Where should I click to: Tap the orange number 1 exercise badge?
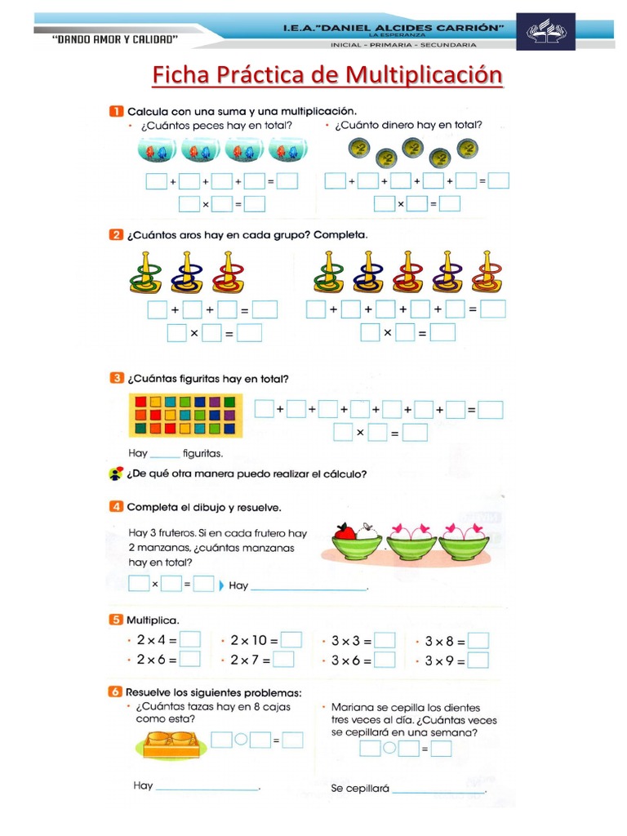[x=116, y=110]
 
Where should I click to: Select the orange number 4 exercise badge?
[x=116, y=507]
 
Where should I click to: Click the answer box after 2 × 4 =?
[x=190, y=640]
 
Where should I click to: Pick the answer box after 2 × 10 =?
[x=291, y=640]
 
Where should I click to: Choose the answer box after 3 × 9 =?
[x=478, y=660]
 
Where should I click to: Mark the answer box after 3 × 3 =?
[x=385, y=641]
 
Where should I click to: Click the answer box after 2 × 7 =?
[x=284, y=660]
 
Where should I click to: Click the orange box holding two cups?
[x=170, y=742]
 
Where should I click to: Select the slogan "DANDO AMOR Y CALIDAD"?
[x=116, y=38]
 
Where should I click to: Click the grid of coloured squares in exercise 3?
[x=186, y=414]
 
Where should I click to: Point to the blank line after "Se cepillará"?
[x=439, y=790]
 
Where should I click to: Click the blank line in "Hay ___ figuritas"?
[x=165, y=454]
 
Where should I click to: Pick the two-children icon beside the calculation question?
[x=116, y=474]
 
